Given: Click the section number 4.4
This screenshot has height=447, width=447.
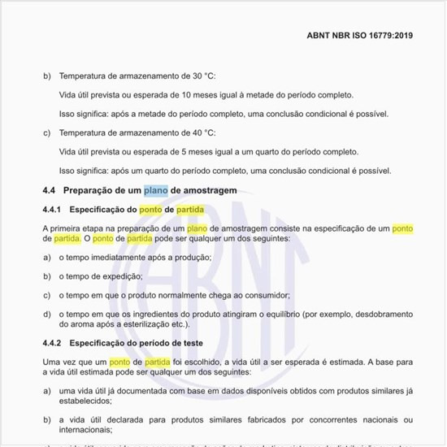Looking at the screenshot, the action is click(x=48, y=190).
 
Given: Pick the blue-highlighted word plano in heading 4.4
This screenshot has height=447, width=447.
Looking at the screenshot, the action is click(x=156, y=190).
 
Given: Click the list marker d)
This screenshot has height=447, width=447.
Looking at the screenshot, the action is click(x=47, y=314).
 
